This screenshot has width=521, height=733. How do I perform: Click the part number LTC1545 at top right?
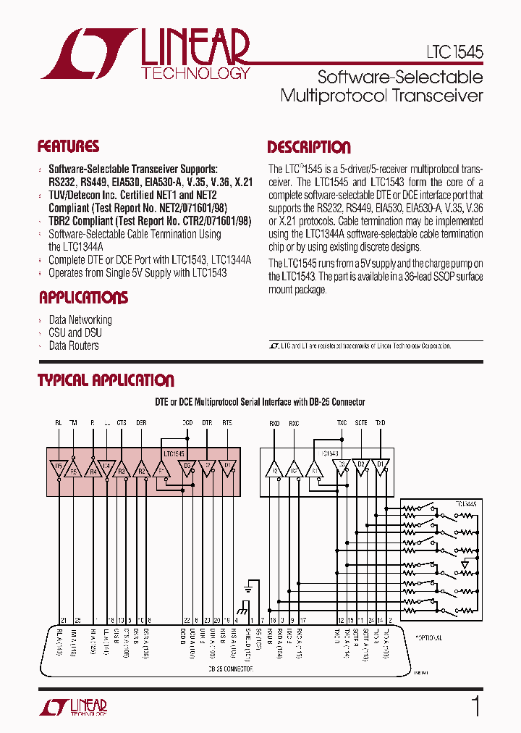[x=454, y=53]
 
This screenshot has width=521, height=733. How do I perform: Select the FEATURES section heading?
[x=68, y=147]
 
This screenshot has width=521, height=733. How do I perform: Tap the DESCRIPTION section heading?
[x=309, y=148]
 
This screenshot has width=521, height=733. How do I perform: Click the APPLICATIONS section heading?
[x=83, y=298]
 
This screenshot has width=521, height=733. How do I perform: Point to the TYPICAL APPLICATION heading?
[x=106, y=381]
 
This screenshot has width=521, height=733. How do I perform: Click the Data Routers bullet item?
[x=73, y=346]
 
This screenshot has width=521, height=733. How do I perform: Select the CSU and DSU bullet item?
[x=75, y=333]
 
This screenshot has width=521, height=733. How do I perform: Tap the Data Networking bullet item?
[x=80, y=320]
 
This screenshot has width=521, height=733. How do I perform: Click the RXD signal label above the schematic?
[x=275, y=423]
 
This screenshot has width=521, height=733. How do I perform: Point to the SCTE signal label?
[x=361, y=423]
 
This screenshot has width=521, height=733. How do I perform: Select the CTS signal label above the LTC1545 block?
[x=122, y=423]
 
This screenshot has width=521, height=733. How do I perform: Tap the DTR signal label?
[x=207, y=423]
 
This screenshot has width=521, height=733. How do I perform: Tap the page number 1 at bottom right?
[x=475, y=705]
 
